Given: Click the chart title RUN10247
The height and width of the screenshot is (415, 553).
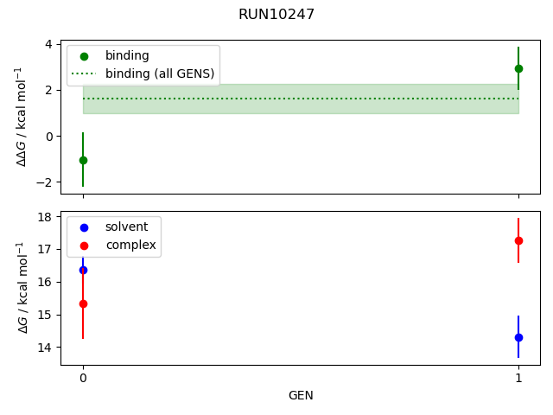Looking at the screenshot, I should click(276, 14).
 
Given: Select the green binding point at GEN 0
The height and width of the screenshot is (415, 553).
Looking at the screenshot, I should click(83, 160).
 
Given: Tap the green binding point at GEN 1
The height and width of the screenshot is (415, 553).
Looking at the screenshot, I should click(518, 68).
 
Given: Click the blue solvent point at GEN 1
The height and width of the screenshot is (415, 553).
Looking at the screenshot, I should click(518, 337).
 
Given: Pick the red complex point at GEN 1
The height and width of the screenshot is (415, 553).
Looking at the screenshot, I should click(518, 240).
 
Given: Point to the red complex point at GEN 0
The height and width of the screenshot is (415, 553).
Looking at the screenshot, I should click(83, 303).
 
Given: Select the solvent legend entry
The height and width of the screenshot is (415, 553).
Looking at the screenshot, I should click(126, 227).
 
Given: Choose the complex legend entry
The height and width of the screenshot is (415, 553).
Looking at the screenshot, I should click(130, 245).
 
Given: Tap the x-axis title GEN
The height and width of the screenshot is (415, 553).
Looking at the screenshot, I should click(301, 395).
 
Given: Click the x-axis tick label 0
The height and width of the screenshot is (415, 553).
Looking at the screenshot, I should click(83, 378).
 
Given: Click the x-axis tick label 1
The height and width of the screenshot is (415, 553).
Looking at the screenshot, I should click(518, 378).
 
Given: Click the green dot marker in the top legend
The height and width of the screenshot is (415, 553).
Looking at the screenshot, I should click(84, 55).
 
